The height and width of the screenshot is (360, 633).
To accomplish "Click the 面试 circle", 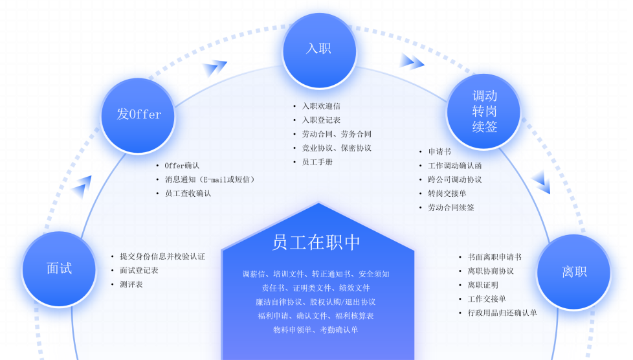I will [59, 269].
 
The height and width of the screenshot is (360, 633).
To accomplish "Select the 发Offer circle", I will [138, 115].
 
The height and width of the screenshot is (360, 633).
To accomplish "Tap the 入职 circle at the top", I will [319, 50].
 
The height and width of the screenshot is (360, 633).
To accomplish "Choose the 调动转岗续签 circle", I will [484, 111].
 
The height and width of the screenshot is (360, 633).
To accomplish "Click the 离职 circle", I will [574, 271].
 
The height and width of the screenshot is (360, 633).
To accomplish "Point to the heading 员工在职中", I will [316, 242].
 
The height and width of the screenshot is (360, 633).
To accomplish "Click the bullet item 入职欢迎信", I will [321, 106].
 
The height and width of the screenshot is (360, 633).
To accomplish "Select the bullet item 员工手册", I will [317, 163].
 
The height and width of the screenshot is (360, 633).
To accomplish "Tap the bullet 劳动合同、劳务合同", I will [337, 134].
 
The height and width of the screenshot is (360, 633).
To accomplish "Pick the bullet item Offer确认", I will [182, 166].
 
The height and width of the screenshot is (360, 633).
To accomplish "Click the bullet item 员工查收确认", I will [188, 194].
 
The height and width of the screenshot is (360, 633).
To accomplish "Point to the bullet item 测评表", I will [131, 285].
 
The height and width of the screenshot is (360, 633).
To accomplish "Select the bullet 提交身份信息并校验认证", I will [162, 256].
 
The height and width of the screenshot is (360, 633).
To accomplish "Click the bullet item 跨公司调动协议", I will [454, 180].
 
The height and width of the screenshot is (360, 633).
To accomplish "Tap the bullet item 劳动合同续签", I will [451, 208].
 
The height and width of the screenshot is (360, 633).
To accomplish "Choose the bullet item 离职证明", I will [483, 286].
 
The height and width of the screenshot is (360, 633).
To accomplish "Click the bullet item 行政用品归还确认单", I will [502, 313].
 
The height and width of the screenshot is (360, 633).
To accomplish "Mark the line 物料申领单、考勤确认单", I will [316, 330].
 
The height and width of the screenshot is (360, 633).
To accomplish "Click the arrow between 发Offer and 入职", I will [215, 67].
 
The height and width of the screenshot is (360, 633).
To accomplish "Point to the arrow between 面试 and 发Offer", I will [81, 187].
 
